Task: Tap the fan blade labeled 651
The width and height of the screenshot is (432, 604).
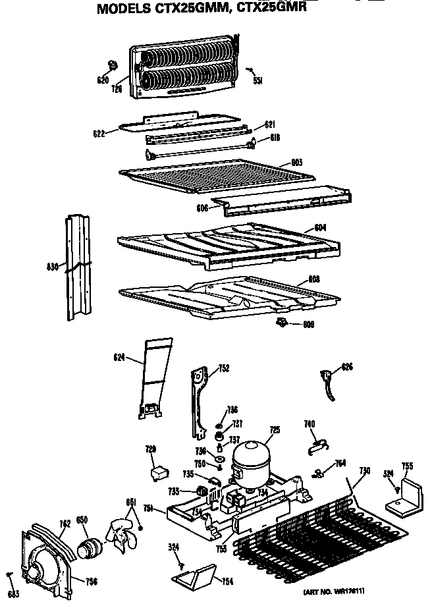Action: pos(122,529)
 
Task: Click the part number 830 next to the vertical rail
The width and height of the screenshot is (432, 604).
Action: pos(53,267)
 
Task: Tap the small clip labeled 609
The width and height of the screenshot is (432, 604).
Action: pos(283,321)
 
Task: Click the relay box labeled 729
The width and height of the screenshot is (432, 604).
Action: pos(158,472)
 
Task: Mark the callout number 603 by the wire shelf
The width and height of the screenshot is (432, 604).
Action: pos(297,162)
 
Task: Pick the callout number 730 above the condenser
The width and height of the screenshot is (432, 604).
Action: pos(364,470)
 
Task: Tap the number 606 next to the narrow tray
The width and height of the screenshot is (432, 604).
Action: pos(202,207)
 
